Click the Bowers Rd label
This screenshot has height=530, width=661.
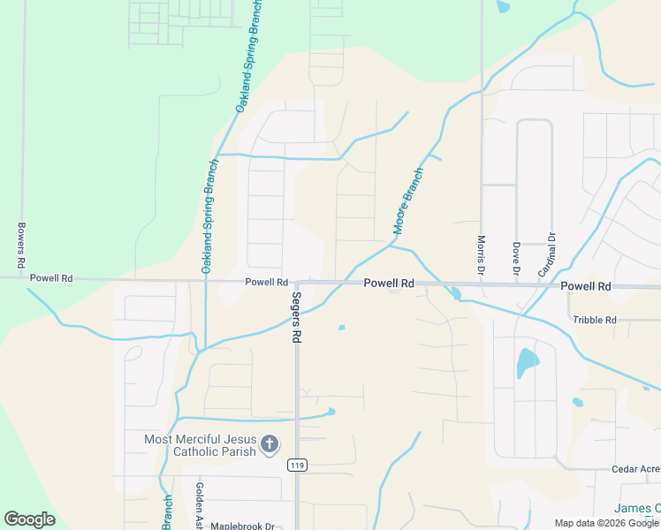point(20,246)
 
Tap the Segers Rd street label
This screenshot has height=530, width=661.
point(298,317)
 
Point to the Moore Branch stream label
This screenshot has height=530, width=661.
point(408,201)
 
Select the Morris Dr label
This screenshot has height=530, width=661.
point(481,251)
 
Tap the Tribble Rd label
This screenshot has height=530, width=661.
point(593,320)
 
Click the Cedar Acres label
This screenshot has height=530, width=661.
point(635,469)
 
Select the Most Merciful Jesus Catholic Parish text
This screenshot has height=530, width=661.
point(201,445)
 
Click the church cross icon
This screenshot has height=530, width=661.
point(270,444)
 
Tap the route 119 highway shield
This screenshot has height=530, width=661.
point(297,465)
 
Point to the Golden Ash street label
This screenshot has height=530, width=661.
point(200,505)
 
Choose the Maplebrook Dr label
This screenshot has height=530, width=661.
point(243,525)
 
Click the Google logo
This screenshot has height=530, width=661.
point(29,519)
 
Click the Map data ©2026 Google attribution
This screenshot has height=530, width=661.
point(606,523)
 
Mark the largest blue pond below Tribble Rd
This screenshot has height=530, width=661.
point(526,362)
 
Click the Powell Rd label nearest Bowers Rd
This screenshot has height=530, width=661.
point(50,277)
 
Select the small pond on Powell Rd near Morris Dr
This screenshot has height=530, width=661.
point(454,292)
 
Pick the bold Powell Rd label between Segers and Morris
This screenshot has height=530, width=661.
point(389,284)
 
